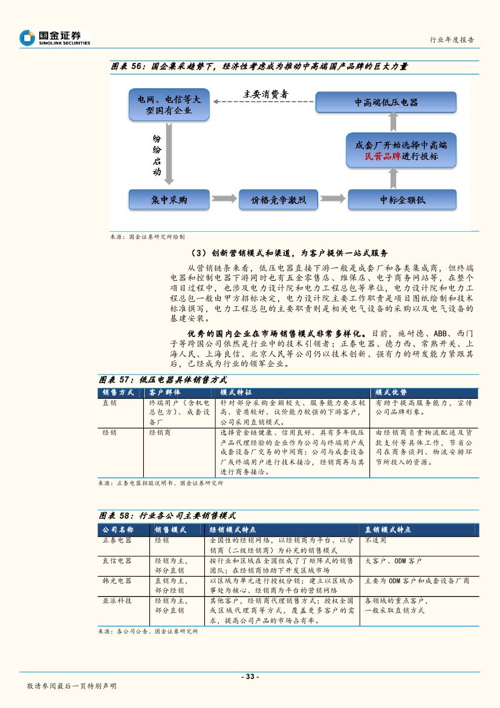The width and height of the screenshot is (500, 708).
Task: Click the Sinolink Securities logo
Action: coord(54,38)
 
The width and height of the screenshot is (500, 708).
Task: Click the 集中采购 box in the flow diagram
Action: coord(169,200)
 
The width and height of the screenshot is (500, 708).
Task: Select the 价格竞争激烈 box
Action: coord(279,200)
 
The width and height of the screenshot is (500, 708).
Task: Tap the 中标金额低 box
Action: coord(402,200)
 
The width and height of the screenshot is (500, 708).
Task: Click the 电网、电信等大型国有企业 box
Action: coord(169,104)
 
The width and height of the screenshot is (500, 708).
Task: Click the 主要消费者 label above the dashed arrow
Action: coord(265,94)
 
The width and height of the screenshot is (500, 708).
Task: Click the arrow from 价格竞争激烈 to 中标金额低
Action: coord(332,199)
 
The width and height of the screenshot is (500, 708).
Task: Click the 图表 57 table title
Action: coord(163,380)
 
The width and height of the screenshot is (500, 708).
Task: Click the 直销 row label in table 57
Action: coord(110,402)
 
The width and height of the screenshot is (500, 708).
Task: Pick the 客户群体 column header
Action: coord(164,392)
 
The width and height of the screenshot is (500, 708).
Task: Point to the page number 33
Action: coord(250,677)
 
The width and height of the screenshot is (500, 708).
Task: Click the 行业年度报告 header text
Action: coord(451,40)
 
